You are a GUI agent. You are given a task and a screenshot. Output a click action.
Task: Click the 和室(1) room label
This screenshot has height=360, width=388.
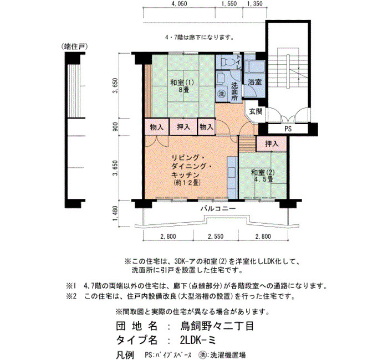(x=182, y=83)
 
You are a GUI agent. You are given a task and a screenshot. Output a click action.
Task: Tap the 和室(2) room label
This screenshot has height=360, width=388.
(x=263, y=172)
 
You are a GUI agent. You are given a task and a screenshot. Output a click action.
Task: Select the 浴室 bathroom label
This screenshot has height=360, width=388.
(x=255, y=82)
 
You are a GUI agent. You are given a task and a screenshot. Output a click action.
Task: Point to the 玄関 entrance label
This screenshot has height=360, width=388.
(x=256, y=111)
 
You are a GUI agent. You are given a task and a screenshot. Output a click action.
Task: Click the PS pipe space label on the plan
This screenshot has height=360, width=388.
(x=288, y=128)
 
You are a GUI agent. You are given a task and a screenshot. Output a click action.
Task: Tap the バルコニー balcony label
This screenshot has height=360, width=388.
(x=218, y=208)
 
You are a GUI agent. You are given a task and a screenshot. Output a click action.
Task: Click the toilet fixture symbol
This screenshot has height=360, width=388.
(x=226, y=61)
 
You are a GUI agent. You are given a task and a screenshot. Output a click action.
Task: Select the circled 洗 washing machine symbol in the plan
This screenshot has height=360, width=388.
(x=222, y=94)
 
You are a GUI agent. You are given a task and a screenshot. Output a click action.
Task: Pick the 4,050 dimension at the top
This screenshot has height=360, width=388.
(x=179, y=4)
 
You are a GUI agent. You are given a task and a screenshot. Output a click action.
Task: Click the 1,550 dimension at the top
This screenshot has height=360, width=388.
(x=229, y=4)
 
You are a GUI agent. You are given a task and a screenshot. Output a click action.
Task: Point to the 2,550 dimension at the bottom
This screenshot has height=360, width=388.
(x=216, y=236)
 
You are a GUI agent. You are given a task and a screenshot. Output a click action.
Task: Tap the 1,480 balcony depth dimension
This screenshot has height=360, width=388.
(x=115, y=214)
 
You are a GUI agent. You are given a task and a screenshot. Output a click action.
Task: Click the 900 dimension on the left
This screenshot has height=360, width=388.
(x=115, y=127)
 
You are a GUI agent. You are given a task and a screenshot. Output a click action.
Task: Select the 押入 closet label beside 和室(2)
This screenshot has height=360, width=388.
(x=272, y=143)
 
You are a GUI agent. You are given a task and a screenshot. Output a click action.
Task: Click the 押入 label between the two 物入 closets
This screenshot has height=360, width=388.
(x=183, y=127)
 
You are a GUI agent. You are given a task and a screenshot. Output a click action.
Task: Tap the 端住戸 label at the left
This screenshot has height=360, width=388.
(x=75, y=47)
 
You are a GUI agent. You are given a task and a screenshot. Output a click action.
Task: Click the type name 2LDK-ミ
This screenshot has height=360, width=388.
(x=198, y=341)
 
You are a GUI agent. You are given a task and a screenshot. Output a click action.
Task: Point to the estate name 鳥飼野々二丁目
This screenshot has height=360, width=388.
(x=217, y=326)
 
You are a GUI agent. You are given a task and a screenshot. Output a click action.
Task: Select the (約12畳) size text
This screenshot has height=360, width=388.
(x=187, y=183)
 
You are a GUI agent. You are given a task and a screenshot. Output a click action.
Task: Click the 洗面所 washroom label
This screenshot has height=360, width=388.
(x=234, y=91)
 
